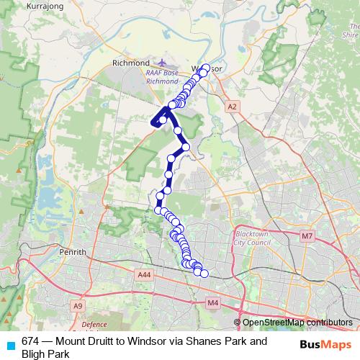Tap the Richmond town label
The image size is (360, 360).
coord(130,63)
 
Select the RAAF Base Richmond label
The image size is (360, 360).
coord(162,77)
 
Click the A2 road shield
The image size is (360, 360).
coord(231,107)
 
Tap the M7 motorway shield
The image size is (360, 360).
coord(307,236)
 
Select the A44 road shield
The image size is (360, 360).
coord(144,274)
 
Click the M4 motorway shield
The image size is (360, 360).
coord(212,304)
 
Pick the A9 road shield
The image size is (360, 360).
coord(77,306)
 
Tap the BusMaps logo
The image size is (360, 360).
coord(325,344)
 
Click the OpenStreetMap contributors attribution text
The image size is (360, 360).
coord(297,323)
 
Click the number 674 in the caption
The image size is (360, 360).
coord(31,341)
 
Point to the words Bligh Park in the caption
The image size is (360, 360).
coord(45,354)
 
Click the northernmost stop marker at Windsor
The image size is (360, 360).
coord(206,68)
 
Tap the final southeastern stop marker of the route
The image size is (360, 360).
coord(204,274)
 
